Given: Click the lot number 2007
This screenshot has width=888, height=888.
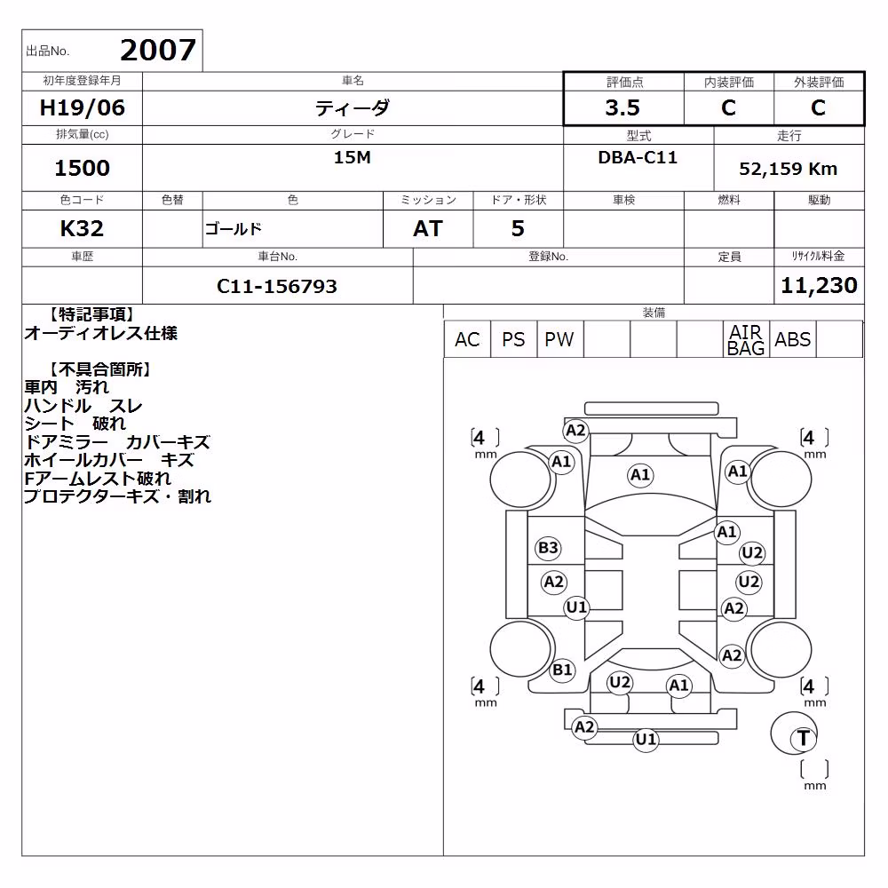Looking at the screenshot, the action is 158,51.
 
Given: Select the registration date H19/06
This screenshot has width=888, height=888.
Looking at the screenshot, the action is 82,107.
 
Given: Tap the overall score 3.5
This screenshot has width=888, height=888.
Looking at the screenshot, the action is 622,107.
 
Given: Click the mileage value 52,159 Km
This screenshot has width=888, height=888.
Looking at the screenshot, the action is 788,169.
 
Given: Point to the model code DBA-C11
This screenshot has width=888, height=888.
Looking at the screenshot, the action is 638,157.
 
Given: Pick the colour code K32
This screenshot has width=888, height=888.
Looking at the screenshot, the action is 82,229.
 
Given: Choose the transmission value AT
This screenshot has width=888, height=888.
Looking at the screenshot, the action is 428,229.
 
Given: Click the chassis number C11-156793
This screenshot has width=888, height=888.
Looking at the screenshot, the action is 277,287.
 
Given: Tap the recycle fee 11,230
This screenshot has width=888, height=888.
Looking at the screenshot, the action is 819,285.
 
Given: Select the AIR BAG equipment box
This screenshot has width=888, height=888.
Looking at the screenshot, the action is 746,339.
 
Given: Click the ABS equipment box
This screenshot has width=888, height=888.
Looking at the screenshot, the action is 792,339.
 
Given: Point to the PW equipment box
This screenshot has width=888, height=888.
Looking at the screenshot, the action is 559,339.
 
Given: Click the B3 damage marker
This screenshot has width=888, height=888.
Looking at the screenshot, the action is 548,548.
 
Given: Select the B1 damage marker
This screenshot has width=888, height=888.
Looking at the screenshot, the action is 562,670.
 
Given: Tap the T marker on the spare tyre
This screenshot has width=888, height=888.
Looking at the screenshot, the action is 803,738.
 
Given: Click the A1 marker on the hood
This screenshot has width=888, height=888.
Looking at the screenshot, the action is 640,474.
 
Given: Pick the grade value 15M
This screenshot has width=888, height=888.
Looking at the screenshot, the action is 353,157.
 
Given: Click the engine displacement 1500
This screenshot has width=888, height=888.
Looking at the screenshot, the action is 82,168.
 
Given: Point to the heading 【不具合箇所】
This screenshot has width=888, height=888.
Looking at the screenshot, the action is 99,369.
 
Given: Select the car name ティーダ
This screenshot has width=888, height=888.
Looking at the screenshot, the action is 353,107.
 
